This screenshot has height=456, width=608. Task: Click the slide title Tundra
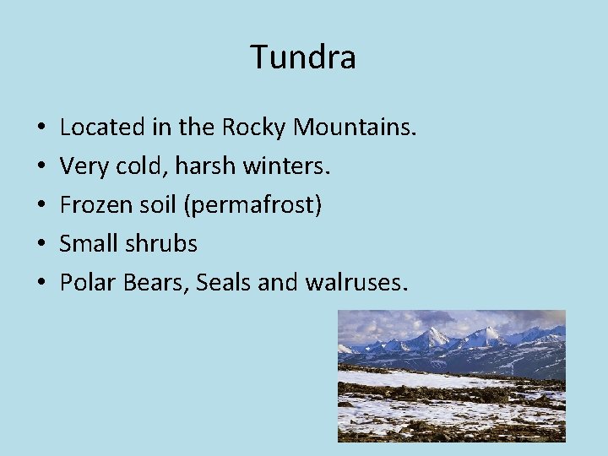pyautogui.click(x=303, y=57)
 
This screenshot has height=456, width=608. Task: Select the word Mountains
pyautogui.click(x=355, y=128)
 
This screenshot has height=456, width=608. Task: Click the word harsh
pyautogui.click(x=204, y=166)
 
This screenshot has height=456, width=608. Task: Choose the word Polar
pyautogui.click(x=88, y=283)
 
